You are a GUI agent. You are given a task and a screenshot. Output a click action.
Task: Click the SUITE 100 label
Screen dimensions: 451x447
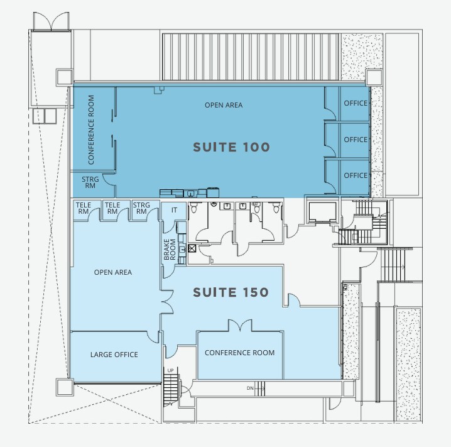point(231,147)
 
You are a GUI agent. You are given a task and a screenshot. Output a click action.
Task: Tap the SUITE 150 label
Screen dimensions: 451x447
point(231,292)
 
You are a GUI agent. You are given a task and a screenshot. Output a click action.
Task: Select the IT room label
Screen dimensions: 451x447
point(174,210)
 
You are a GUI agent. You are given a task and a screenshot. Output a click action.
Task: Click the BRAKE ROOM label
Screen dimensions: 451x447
point(170,250)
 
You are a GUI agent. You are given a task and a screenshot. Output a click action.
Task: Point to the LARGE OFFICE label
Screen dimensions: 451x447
point(114,355)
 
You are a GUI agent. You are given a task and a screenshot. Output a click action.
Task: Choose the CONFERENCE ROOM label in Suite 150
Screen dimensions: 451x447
point(239,353)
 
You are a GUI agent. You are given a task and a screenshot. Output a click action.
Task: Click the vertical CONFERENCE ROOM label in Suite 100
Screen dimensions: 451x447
point(91,130)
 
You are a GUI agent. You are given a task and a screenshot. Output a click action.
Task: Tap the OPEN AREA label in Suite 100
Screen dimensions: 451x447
point(224,105)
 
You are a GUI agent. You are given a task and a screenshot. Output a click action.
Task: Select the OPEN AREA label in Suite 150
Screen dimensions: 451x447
point(113,272)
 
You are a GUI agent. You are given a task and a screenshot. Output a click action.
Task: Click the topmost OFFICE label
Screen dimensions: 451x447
point(356,103)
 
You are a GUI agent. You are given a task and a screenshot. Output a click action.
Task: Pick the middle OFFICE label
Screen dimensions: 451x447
point(356,140)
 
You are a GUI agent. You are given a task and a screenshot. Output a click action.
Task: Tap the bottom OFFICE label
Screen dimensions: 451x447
point(356,175)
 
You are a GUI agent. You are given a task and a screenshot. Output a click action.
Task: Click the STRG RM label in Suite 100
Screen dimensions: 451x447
point(90,182)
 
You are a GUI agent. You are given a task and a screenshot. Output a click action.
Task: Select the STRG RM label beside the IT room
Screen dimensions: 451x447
point(141,208)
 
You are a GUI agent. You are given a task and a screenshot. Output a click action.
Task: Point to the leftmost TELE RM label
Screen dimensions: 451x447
point(84,208)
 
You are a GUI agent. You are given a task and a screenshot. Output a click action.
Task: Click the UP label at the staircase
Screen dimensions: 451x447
point(171,370)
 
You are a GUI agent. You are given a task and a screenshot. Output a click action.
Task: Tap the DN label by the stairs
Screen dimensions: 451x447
point(250,389)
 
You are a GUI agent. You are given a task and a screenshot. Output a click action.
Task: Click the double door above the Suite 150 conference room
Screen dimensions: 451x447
point(240,325)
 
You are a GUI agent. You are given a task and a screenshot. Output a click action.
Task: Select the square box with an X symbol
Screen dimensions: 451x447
point(192,248)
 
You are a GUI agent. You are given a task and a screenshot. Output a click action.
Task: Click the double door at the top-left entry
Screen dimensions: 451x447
point(52,21)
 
